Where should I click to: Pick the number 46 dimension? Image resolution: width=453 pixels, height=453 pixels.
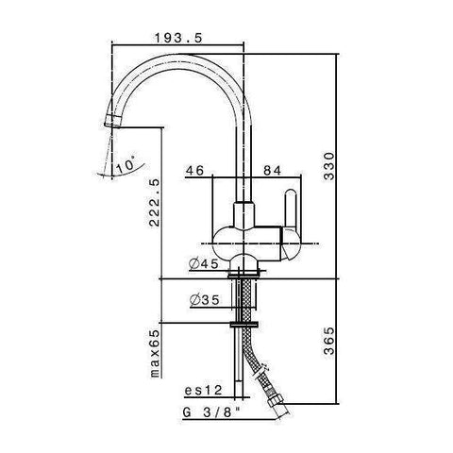(x=195, y=170)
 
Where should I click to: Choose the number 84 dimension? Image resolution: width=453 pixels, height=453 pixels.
(x=270, y=170)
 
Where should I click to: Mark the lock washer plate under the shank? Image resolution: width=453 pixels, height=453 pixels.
(x=247, y=325)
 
